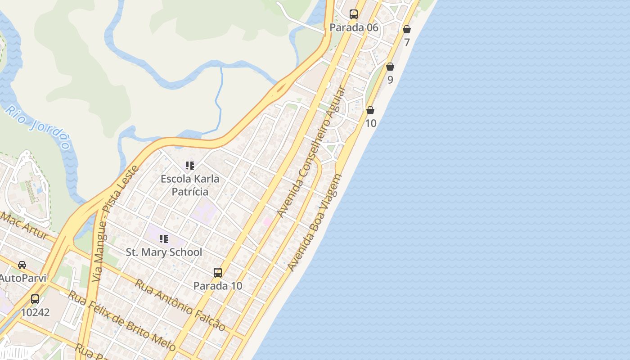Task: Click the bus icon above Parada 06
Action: pyautogui.click(x=354, y=14)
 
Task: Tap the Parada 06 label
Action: pyautogui.click(x=354, y=27)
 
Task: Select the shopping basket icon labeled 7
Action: pyautogui.click(x=407, y=30)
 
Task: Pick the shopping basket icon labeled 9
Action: pyautogui.click(x=390, y=67)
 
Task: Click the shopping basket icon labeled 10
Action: pyautogui.click(x=370, y=110)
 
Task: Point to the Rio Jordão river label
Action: pyautogui.click(x=38, y=127)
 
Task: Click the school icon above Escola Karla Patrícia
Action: pyautogui.click(x=190, y=166)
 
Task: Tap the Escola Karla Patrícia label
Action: pyautogui.click(x=190, y=185)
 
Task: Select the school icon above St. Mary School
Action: pyautogui.click(x=164, y=239)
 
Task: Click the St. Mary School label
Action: pyautogui.click(x=164, y=252)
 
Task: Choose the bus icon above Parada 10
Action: pyautogui.click(x=218, y=273)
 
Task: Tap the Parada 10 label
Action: pyautogui.click(x=218, y=286)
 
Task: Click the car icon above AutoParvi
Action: pyautogui.click(x=22, y=265)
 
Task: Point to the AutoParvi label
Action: pyautogui.click(x=22, y=278)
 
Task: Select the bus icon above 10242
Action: pyautogui.click(x=35, y=299)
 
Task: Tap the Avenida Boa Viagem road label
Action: pyautogui.click(x=315, y=223)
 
